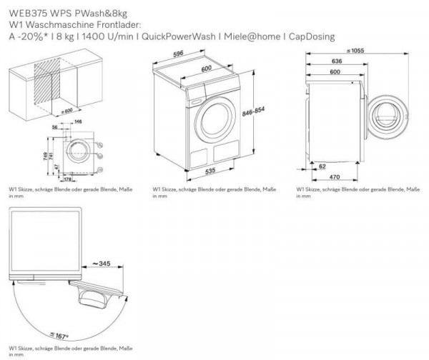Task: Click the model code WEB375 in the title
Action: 22,12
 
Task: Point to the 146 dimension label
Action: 77,124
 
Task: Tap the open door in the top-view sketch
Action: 104,292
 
